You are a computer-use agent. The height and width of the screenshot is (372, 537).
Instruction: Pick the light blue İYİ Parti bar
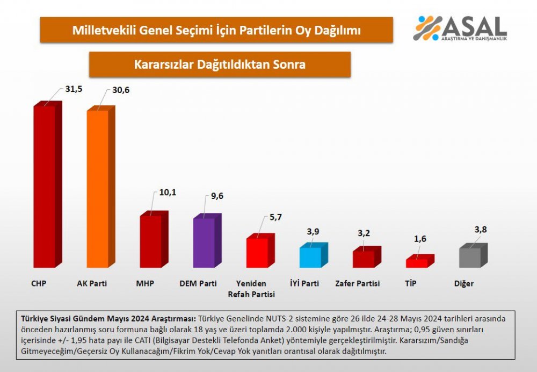310,257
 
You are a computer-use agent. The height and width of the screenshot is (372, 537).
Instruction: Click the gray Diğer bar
470,257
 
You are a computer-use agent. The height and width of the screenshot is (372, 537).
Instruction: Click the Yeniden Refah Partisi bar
257,252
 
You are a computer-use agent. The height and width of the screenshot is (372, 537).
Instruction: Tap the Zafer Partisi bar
364,259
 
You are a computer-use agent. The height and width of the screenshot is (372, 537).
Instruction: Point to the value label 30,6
121,90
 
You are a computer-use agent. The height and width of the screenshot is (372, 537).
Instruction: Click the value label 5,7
275,217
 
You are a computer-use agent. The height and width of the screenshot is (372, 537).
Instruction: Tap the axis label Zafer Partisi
357,283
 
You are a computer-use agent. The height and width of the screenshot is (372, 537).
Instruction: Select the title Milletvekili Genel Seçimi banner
216,30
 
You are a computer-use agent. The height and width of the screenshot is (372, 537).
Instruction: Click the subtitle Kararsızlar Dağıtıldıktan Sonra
220,65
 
